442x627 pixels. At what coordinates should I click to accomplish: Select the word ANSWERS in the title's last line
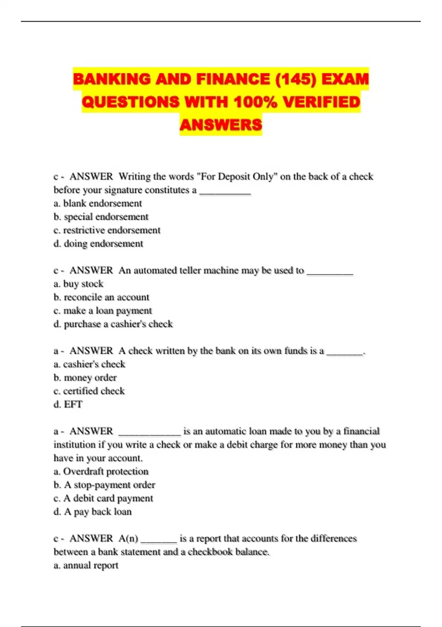(x=221, y=125)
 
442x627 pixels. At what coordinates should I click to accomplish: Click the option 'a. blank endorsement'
(x=98, y=203)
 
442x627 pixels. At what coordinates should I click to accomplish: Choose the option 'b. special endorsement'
(x=101, y=216)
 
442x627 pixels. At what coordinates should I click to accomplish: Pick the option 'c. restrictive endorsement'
(x=107, y=230)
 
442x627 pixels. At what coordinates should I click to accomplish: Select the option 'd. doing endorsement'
(x=98, y=243)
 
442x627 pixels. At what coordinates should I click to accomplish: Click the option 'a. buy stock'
(x=78, y=284)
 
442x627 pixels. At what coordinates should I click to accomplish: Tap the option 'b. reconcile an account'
(x=101, y=297)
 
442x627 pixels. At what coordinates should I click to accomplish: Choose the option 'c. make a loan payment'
(x=103, y=311)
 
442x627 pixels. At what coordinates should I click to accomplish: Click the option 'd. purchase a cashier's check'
(x=113, y=324)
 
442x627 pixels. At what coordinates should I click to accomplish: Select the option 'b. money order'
(x=85, y=378)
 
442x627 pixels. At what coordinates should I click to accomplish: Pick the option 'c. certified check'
(x=89, y=391)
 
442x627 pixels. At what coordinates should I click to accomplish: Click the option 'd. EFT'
(x=68, y=404)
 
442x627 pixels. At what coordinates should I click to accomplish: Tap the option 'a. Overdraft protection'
(x=101, y=471)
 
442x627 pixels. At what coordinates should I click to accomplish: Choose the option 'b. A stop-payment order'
(x=104, y=485)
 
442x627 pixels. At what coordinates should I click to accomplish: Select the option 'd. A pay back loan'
(x=92, y=512)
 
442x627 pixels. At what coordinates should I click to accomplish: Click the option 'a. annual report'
(x=86, y=565)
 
